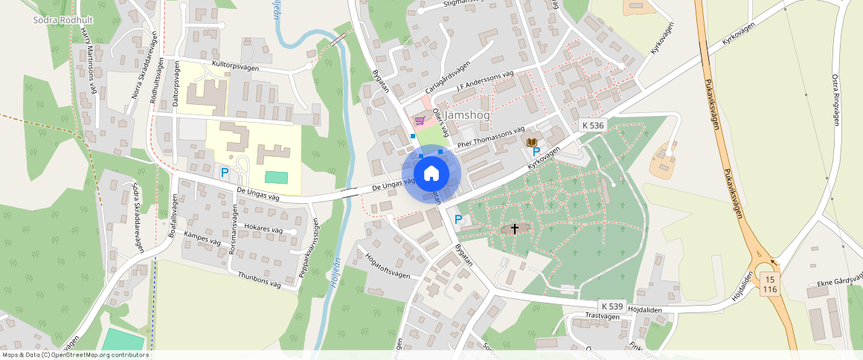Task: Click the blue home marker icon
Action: coord(431,175)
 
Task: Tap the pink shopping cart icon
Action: coord(420,120)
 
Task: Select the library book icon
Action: coord(531,142)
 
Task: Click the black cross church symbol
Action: coord(514,229)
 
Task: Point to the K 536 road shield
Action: coord(593,126)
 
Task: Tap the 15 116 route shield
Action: coord(770,283)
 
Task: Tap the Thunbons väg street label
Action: coord(258,280)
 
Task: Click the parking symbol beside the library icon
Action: coord(536,152)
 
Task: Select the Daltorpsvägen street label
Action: coord(176,91)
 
